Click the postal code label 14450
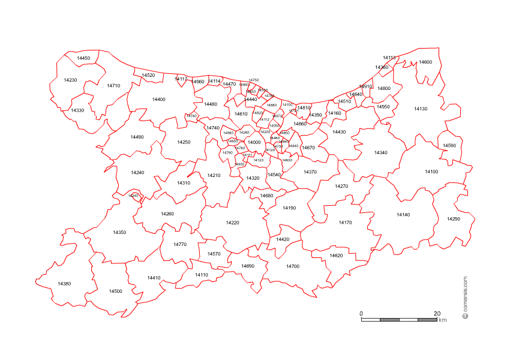83,58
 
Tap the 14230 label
70,80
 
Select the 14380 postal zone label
64,283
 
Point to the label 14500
115,291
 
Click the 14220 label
232,223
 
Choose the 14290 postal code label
453,219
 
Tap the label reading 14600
425,62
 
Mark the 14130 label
421,109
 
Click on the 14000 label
254,142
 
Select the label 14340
380,152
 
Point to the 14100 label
431,172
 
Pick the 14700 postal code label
292,266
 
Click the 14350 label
119,232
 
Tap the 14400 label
158,99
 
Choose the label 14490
137,137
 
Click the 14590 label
449,145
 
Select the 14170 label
345,223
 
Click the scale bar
399,320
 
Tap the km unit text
443,320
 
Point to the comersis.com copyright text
465,298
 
